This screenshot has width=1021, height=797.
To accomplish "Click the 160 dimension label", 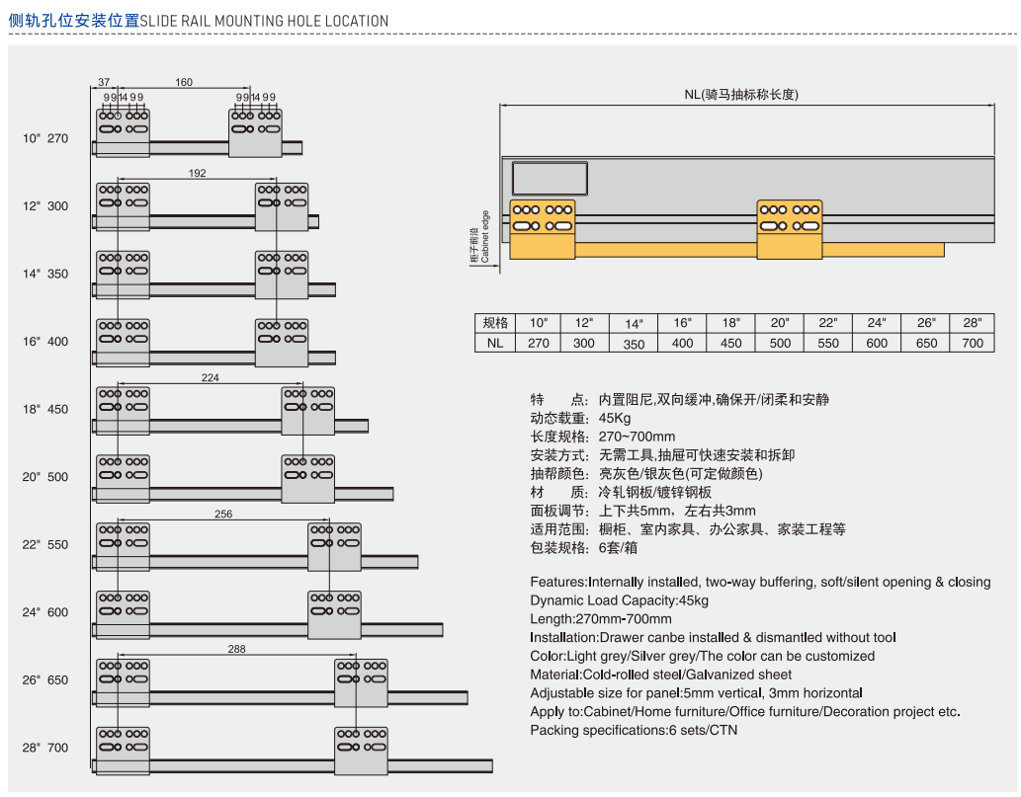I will coord(184,82).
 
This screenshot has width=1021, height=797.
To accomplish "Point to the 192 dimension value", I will coord(197,173).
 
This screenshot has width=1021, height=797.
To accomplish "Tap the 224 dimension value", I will coord(210,377).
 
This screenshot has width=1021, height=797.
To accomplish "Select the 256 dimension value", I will coord(222,514).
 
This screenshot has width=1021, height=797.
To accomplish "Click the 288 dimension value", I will coord(236,649).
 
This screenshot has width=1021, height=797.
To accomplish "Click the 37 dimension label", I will coord(105,82).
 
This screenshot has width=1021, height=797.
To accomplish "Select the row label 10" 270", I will coord(45,138).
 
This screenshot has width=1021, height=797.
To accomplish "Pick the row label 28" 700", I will coord(45,748).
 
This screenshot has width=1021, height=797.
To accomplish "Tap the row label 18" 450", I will coord(45,409).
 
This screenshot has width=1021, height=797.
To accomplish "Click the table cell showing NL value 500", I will coord(780,343).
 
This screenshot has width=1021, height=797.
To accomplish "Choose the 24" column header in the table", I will coord(877,323).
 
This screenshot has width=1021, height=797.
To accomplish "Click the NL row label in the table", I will coord(494,343).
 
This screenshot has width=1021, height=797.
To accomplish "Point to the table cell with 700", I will coord(973,343).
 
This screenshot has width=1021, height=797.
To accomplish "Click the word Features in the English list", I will coord(558,582).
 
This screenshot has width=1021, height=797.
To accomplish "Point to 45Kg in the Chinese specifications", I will coord(615,418).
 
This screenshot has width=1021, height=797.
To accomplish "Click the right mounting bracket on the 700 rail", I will coord(361,751).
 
